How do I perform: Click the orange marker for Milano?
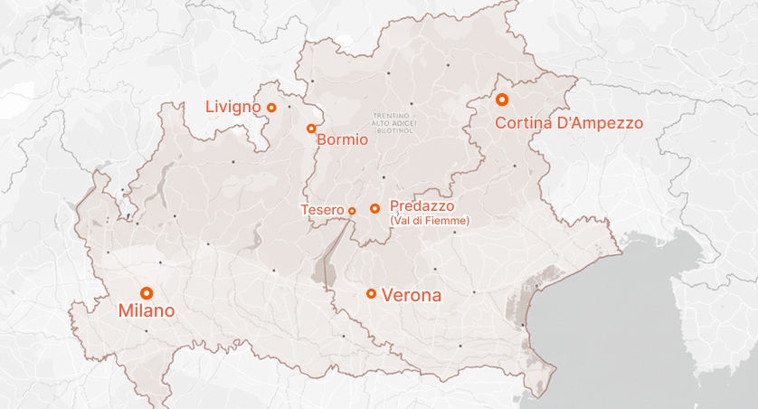[x=147, y=292]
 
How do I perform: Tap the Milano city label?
[x=147, y=311]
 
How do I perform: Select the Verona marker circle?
[x=371, y=293]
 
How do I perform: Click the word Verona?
[x=412, y=295]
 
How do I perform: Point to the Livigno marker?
[x=270, y=108]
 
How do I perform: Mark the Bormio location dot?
[x=311, y=128]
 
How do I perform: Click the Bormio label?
[x=342, y=140]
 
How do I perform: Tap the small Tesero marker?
[x=352, y=211]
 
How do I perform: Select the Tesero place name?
[x=322, y=210]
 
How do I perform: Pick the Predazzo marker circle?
[x=374, y=208]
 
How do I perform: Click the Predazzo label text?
[x=422, y=206]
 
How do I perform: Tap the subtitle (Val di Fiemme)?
[x=429, y=220]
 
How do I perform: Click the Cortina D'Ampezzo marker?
[x=502, y=100]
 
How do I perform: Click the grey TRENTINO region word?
[x=392, y=117]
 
